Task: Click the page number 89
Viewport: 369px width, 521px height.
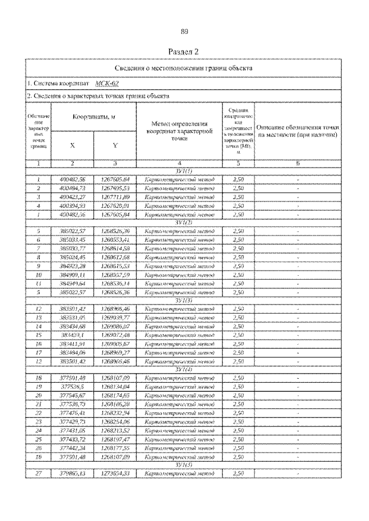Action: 184,32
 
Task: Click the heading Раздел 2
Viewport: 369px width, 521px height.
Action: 184,52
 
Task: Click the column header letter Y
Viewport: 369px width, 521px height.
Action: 114,146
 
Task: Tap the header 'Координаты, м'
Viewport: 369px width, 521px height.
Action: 92,117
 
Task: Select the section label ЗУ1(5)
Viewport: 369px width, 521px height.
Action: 184,465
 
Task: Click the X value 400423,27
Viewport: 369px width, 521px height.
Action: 73,196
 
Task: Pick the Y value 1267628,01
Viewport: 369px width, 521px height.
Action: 114,204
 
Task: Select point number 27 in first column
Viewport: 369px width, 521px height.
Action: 37,473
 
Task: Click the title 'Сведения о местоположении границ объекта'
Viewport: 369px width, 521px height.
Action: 184,68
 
